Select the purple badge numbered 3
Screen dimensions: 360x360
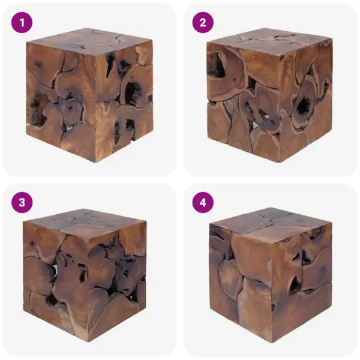(x=22, y=202)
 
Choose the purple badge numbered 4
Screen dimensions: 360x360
(x=203, y=202)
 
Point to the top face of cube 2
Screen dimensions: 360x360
(x=267, y=41)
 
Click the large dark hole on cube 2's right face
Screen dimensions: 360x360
(x=303, y=106)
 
